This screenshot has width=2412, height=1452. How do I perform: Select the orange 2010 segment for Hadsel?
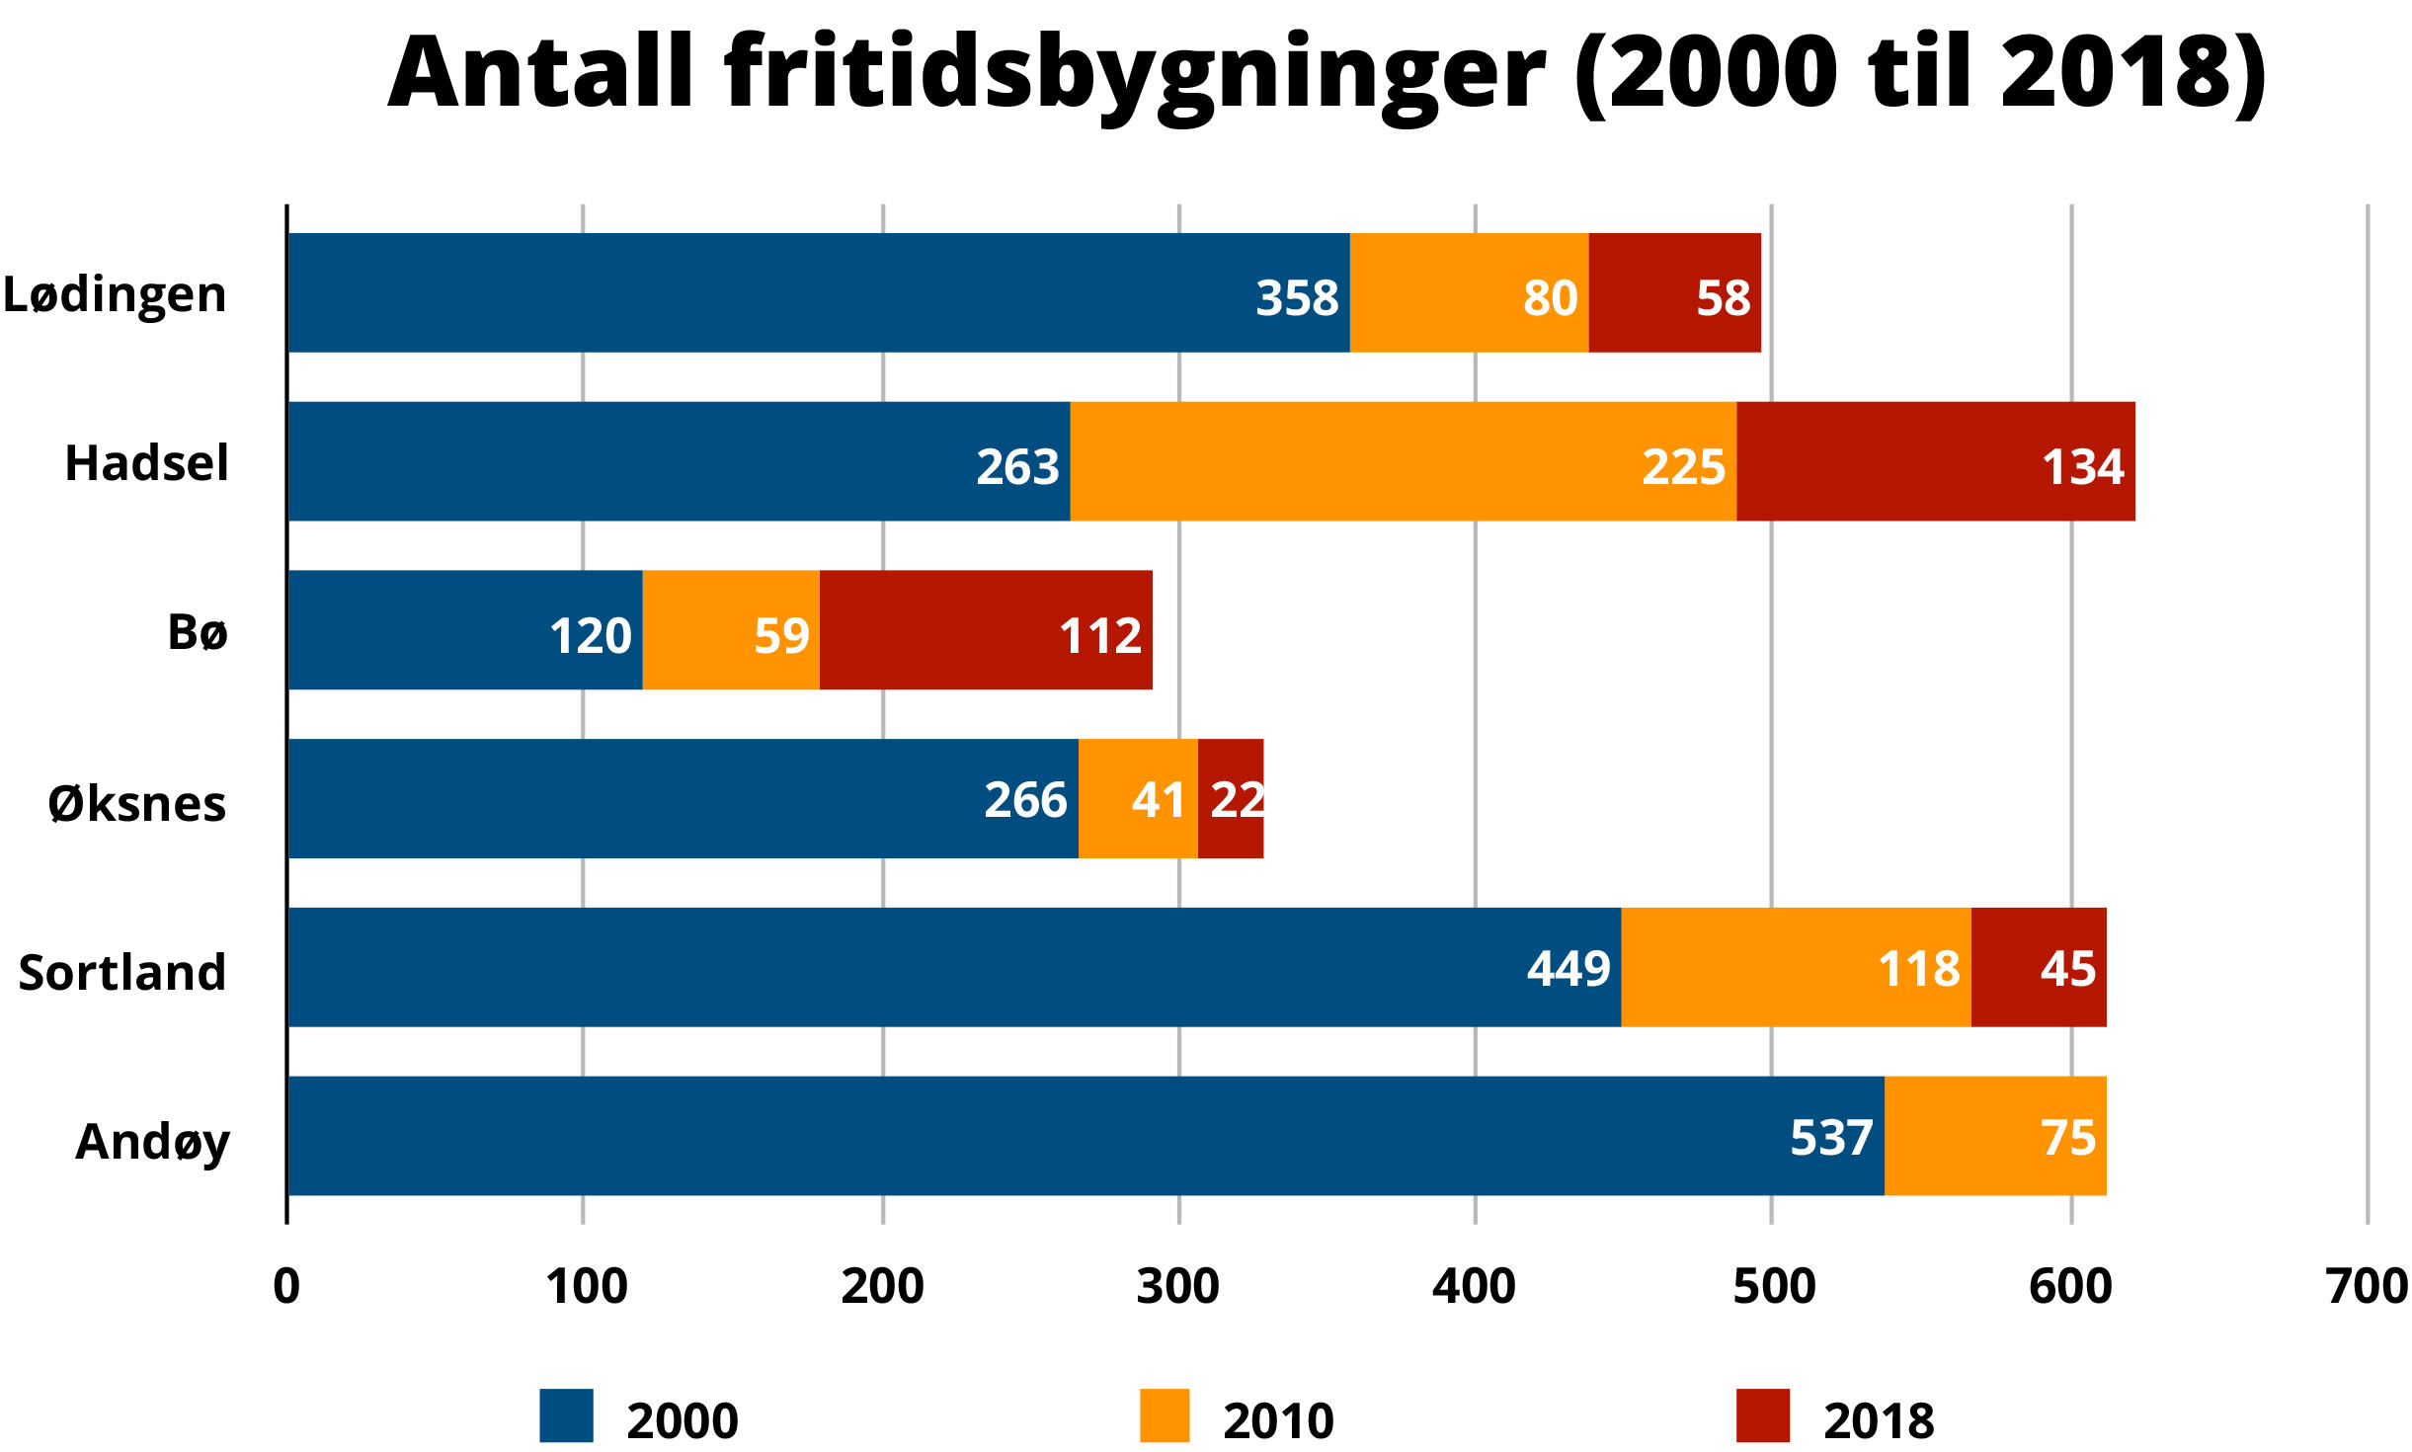coord(1403,461)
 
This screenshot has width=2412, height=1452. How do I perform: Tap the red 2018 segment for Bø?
coord(985,630)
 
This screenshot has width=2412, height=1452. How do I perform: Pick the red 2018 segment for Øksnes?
coord(1230,798)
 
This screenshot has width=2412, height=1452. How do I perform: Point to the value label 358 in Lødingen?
coord(1296,297)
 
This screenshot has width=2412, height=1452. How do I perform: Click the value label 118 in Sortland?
coord(1917,968)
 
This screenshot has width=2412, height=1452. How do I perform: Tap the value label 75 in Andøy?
coord(2067,1138)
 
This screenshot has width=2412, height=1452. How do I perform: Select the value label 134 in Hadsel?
coord(2082,466)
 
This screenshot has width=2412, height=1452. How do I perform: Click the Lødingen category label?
coord(115,294)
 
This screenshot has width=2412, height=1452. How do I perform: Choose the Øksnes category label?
coord(136,803)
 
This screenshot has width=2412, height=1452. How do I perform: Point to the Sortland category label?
coord(122,972)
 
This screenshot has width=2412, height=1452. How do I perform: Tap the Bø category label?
coord(198,632)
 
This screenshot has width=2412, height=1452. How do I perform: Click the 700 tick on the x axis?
coord(2367,1286)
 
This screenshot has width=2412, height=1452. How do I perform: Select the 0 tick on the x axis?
coord(286,1286)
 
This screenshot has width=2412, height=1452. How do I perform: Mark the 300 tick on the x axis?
coord(1177,1286)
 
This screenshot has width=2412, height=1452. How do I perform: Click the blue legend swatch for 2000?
coord(566,1414)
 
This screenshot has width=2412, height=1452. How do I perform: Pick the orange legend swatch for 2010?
coord(1164,1414)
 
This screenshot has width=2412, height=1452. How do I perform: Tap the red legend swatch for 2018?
coord(1762,1414)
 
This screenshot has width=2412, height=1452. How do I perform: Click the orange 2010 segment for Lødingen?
coord(1469,292)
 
